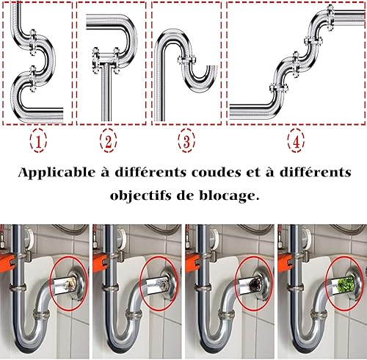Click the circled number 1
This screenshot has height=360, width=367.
coord(38,140)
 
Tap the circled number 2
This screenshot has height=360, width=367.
coord(108,140)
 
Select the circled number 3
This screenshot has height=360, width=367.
coord(186,140)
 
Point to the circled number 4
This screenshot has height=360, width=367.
coord(296,140)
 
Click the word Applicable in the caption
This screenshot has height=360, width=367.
coord(57,173)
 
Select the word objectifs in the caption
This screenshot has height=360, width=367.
coord(141,196)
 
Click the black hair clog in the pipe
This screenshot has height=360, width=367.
coord(252,284)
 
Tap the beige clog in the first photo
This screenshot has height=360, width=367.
coord(69,284)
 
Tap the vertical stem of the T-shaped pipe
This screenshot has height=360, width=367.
coord(106,93)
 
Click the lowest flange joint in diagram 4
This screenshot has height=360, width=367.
coord(279,89)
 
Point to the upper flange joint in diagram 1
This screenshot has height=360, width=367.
coord(32,42)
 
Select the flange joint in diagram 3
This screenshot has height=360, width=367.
coord(187,60)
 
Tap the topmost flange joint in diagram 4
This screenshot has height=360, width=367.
coord(330,18)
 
